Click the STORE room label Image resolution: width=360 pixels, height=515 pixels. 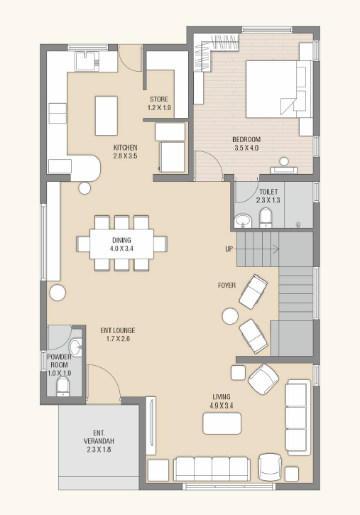159,99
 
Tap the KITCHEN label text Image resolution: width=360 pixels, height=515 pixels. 126,148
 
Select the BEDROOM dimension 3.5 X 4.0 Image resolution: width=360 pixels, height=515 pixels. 246,148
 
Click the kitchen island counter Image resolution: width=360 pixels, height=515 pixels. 107,116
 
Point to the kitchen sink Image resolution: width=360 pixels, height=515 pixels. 87,61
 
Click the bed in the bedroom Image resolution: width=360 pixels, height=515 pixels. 279,89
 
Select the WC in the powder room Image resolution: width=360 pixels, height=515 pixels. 62,386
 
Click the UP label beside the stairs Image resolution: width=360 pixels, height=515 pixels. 229,249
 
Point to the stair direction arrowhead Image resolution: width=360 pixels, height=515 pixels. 276,249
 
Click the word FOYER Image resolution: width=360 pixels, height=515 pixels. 227,286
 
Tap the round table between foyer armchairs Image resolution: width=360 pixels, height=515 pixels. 230,316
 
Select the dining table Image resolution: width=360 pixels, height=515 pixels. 121,244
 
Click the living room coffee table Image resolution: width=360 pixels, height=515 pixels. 222,423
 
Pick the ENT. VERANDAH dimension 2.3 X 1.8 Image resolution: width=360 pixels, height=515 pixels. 99,450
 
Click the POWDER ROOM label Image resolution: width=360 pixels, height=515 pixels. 60,361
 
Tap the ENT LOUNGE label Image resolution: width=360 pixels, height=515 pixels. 118,330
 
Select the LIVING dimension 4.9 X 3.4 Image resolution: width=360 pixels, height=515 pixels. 222,406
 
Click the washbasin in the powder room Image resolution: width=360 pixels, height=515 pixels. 76,348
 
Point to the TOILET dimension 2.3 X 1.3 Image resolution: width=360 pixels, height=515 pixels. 268,200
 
